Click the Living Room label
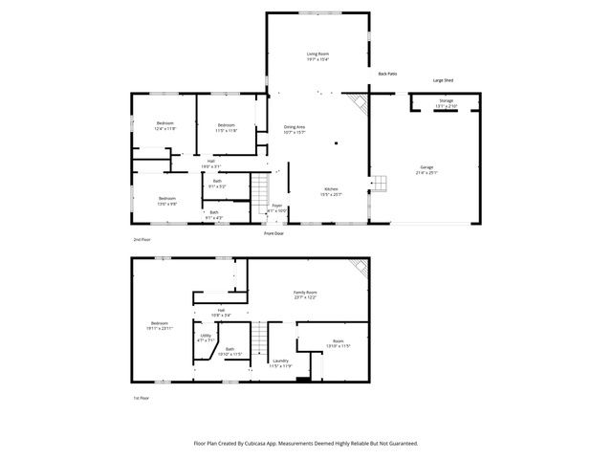tap(317, 54)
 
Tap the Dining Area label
tap(295, 127)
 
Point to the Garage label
tap(426, 167)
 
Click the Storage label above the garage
tap(446, 99)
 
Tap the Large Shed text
tap(443, 80)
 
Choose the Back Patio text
tap(387, 73)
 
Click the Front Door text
tap(274, 233)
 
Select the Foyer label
tap(276, 205)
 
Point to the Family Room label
tap(305, 292)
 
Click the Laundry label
tap(280, 361)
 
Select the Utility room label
tap(206, 336)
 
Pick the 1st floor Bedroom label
tap(161, 323)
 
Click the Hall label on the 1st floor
tap(221, 310)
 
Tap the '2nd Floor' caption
tap(142, 239)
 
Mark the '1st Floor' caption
tap(142, 398)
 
